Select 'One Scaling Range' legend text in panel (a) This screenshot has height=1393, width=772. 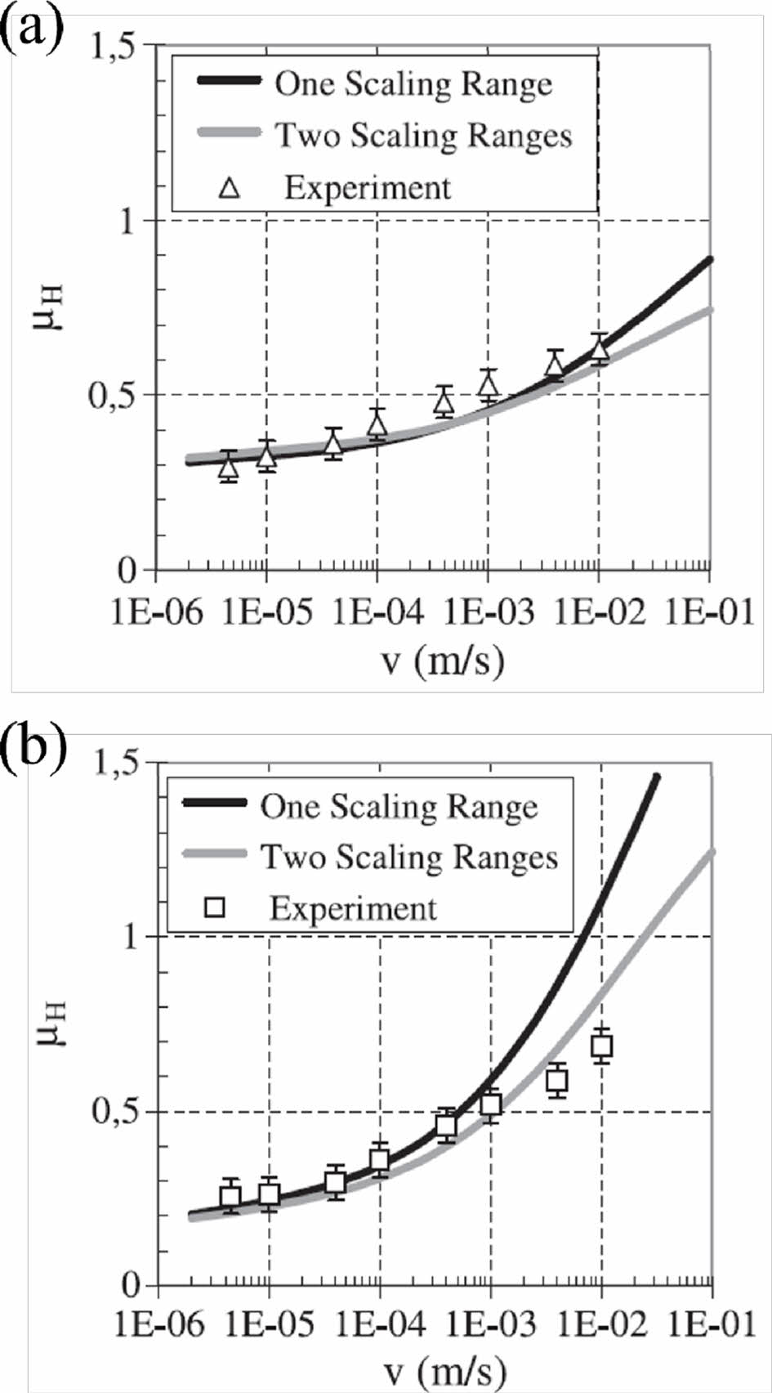coord(413,83)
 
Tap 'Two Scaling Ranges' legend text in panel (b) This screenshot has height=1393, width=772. coord(409,857)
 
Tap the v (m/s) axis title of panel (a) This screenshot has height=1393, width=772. coord(444,659)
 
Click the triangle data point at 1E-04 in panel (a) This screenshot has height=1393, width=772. coord(377,423)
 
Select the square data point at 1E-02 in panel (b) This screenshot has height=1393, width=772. coord(602,1045)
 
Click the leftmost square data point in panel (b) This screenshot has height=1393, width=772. coord(230,1197)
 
